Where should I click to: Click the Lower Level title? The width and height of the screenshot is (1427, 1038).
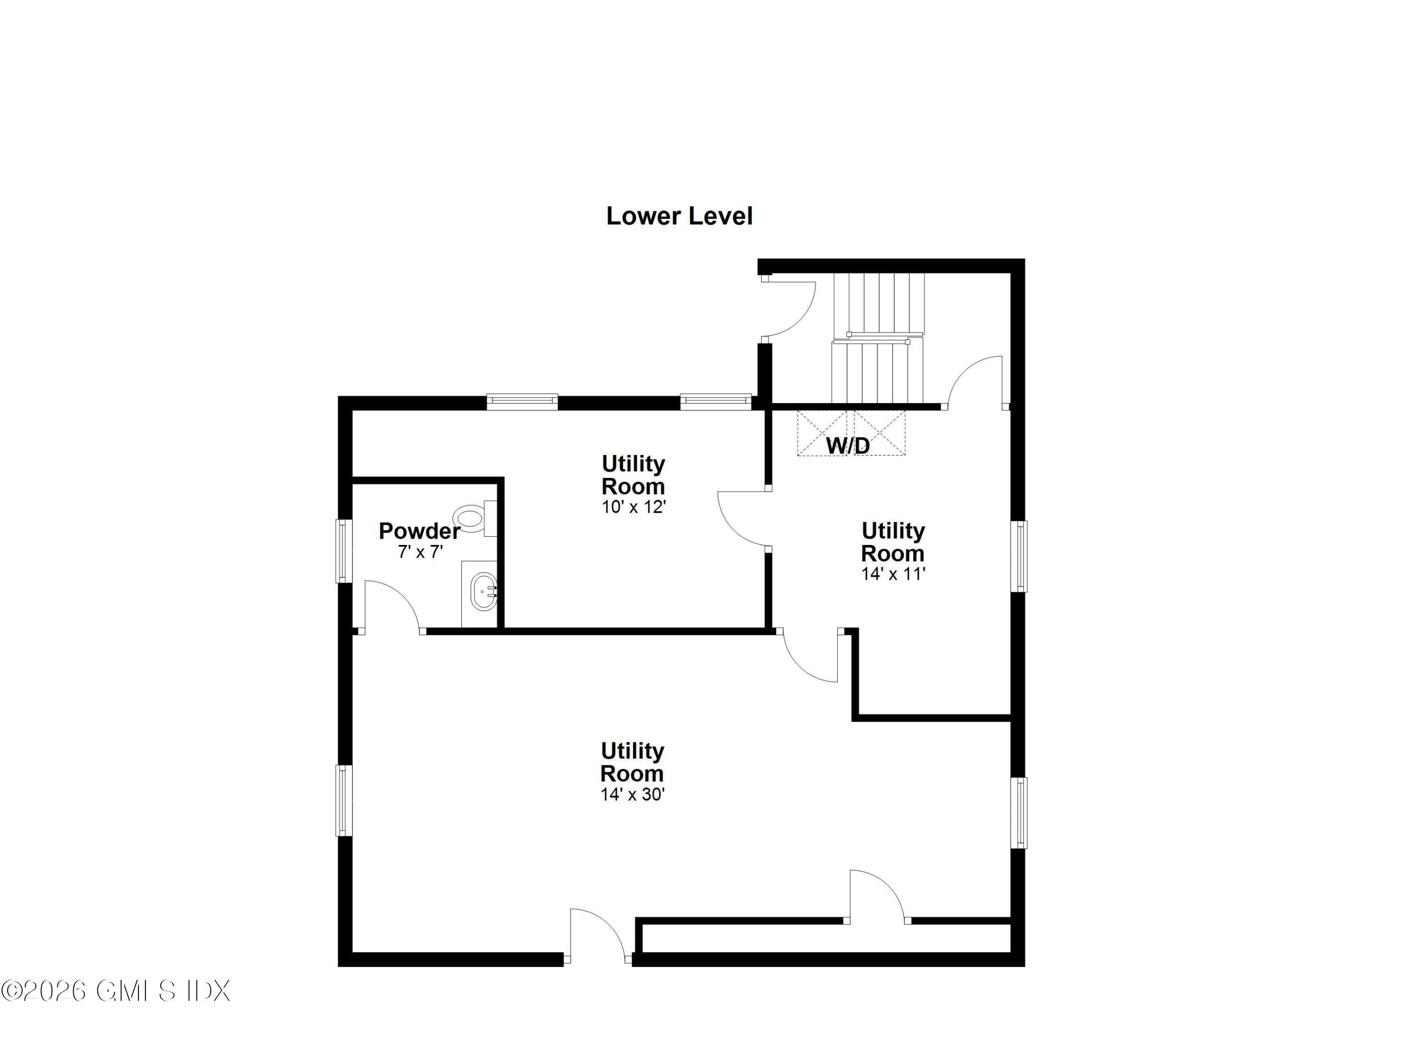679,216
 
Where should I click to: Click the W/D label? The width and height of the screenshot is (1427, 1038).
848,445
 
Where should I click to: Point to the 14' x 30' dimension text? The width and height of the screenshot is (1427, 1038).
632,794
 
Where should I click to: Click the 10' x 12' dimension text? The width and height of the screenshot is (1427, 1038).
633,507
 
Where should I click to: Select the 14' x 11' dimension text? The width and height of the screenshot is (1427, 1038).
893,574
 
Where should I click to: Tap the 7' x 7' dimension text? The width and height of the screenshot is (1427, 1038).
420,552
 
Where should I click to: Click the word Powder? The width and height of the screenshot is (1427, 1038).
419,531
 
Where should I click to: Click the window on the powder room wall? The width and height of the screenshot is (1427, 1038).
343,551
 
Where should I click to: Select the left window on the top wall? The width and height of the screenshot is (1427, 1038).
522,401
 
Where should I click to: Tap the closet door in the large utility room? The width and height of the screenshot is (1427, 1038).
877,898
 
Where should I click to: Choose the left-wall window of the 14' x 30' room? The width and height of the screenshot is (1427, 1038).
343,800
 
